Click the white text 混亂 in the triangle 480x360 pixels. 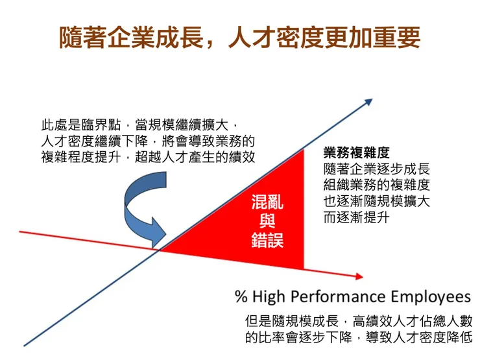[267, 202]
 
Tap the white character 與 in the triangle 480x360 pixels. [267, 220]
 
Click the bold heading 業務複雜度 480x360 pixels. [356, 153]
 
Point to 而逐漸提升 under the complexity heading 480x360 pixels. [356, 217]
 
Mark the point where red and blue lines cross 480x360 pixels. [158, 248]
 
